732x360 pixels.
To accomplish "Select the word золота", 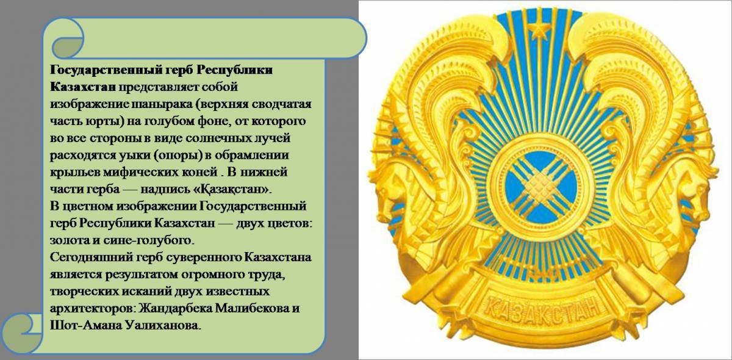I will [x=68, y=239].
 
